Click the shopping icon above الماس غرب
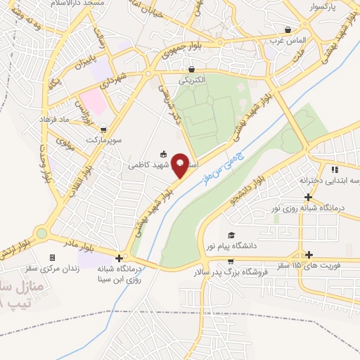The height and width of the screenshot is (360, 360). [288, 30]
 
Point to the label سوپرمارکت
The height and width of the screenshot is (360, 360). [104, 141]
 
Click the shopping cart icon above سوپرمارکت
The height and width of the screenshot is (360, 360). [104, 130]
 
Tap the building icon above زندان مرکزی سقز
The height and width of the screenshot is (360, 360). [51, 257]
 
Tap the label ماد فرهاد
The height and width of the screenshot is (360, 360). [73, 120]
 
